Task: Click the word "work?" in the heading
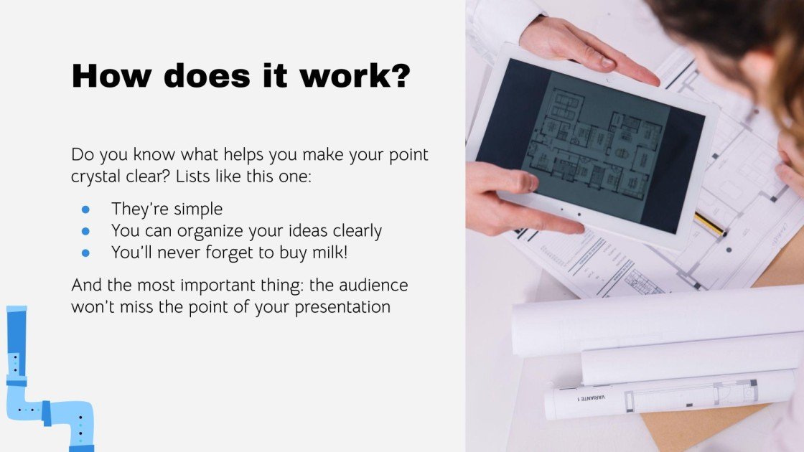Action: coord(355,76)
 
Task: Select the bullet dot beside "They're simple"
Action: coord(85,209)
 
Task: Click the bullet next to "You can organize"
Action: coord(85,231)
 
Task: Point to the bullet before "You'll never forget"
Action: coord(85,253)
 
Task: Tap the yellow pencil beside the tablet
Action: coord(711,225)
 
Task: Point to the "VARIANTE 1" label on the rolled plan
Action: coord(591,397)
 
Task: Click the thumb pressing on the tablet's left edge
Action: coord(518,182)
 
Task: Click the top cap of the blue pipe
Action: coord(17,309)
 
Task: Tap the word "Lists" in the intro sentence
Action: coord(193,176)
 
